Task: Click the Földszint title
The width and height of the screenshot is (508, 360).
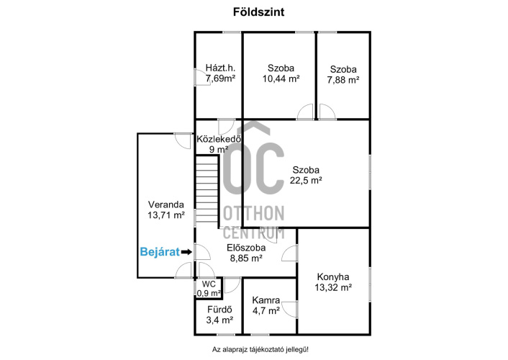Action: click(258, 12)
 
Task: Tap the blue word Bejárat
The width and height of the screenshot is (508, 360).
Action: click(160, 252)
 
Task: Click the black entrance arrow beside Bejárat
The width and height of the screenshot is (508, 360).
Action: click(186, 252)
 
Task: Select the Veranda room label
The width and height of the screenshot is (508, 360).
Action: click(166, 204)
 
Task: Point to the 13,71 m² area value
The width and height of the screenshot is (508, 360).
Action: click(166, 215)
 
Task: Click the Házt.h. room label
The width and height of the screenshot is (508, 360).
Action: click(220, 68)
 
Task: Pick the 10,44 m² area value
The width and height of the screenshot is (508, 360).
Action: click(281, 78)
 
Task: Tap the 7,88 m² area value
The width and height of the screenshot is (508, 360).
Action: click(343, 80)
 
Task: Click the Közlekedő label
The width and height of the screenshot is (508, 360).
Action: click(219, 139)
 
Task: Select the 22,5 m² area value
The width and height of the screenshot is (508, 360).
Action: click(306, 180)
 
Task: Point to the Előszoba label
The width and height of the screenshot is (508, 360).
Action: click(246, 248)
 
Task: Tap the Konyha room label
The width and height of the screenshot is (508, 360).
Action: click(333, 277)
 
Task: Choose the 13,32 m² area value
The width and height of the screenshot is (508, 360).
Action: click(333, 287)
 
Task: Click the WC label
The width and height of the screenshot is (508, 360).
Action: click(209, 284)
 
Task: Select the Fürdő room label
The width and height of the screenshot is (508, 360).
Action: click(219, 310)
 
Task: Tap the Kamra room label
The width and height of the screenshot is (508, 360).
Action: click(266, 300)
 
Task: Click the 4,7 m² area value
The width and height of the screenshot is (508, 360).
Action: click(266, 311)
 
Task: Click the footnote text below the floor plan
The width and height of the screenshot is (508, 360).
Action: click(260, 350)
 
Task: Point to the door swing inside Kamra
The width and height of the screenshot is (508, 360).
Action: click(289, 309)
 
